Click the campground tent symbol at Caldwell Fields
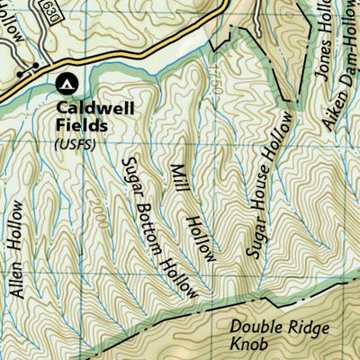[x=65, y=85]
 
